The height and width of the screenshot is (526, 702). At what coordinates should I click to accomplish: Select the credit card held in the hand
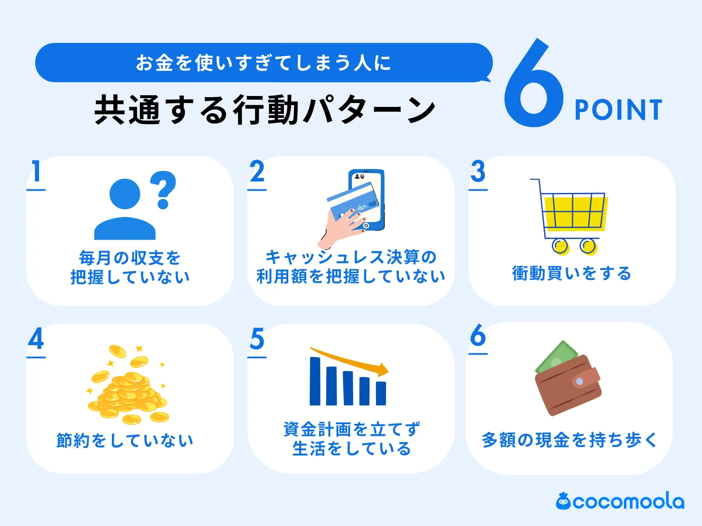pos(353,201)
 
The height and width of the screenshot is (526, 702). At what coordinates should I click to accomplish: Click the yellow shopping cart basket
pos(575,212)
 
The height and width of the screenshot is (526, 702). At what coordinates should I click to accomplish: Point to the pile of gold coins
pos(127,390)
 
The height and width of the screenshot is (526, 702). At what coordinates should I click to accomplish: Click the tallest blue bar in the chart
pos(315,381)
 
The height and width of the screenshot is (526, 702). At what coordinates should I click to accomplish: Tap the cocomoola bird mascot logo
pos(563,501)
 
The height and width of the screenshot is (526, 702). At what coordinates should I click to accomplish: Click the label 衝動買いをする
pos(571,274)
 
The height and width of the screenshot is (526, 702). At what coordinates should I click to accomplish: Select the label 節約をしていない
pos(125,440)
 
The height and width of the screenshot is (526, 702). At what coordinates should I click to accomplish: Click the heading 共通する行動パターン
pos(265,110)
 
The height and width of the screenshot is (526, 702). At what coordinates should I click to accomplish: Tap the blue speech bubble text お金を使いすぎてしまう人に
pos(263,63)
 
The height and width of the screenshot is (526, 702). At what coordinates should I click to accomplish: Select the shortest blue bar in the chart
pos(381,393)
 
